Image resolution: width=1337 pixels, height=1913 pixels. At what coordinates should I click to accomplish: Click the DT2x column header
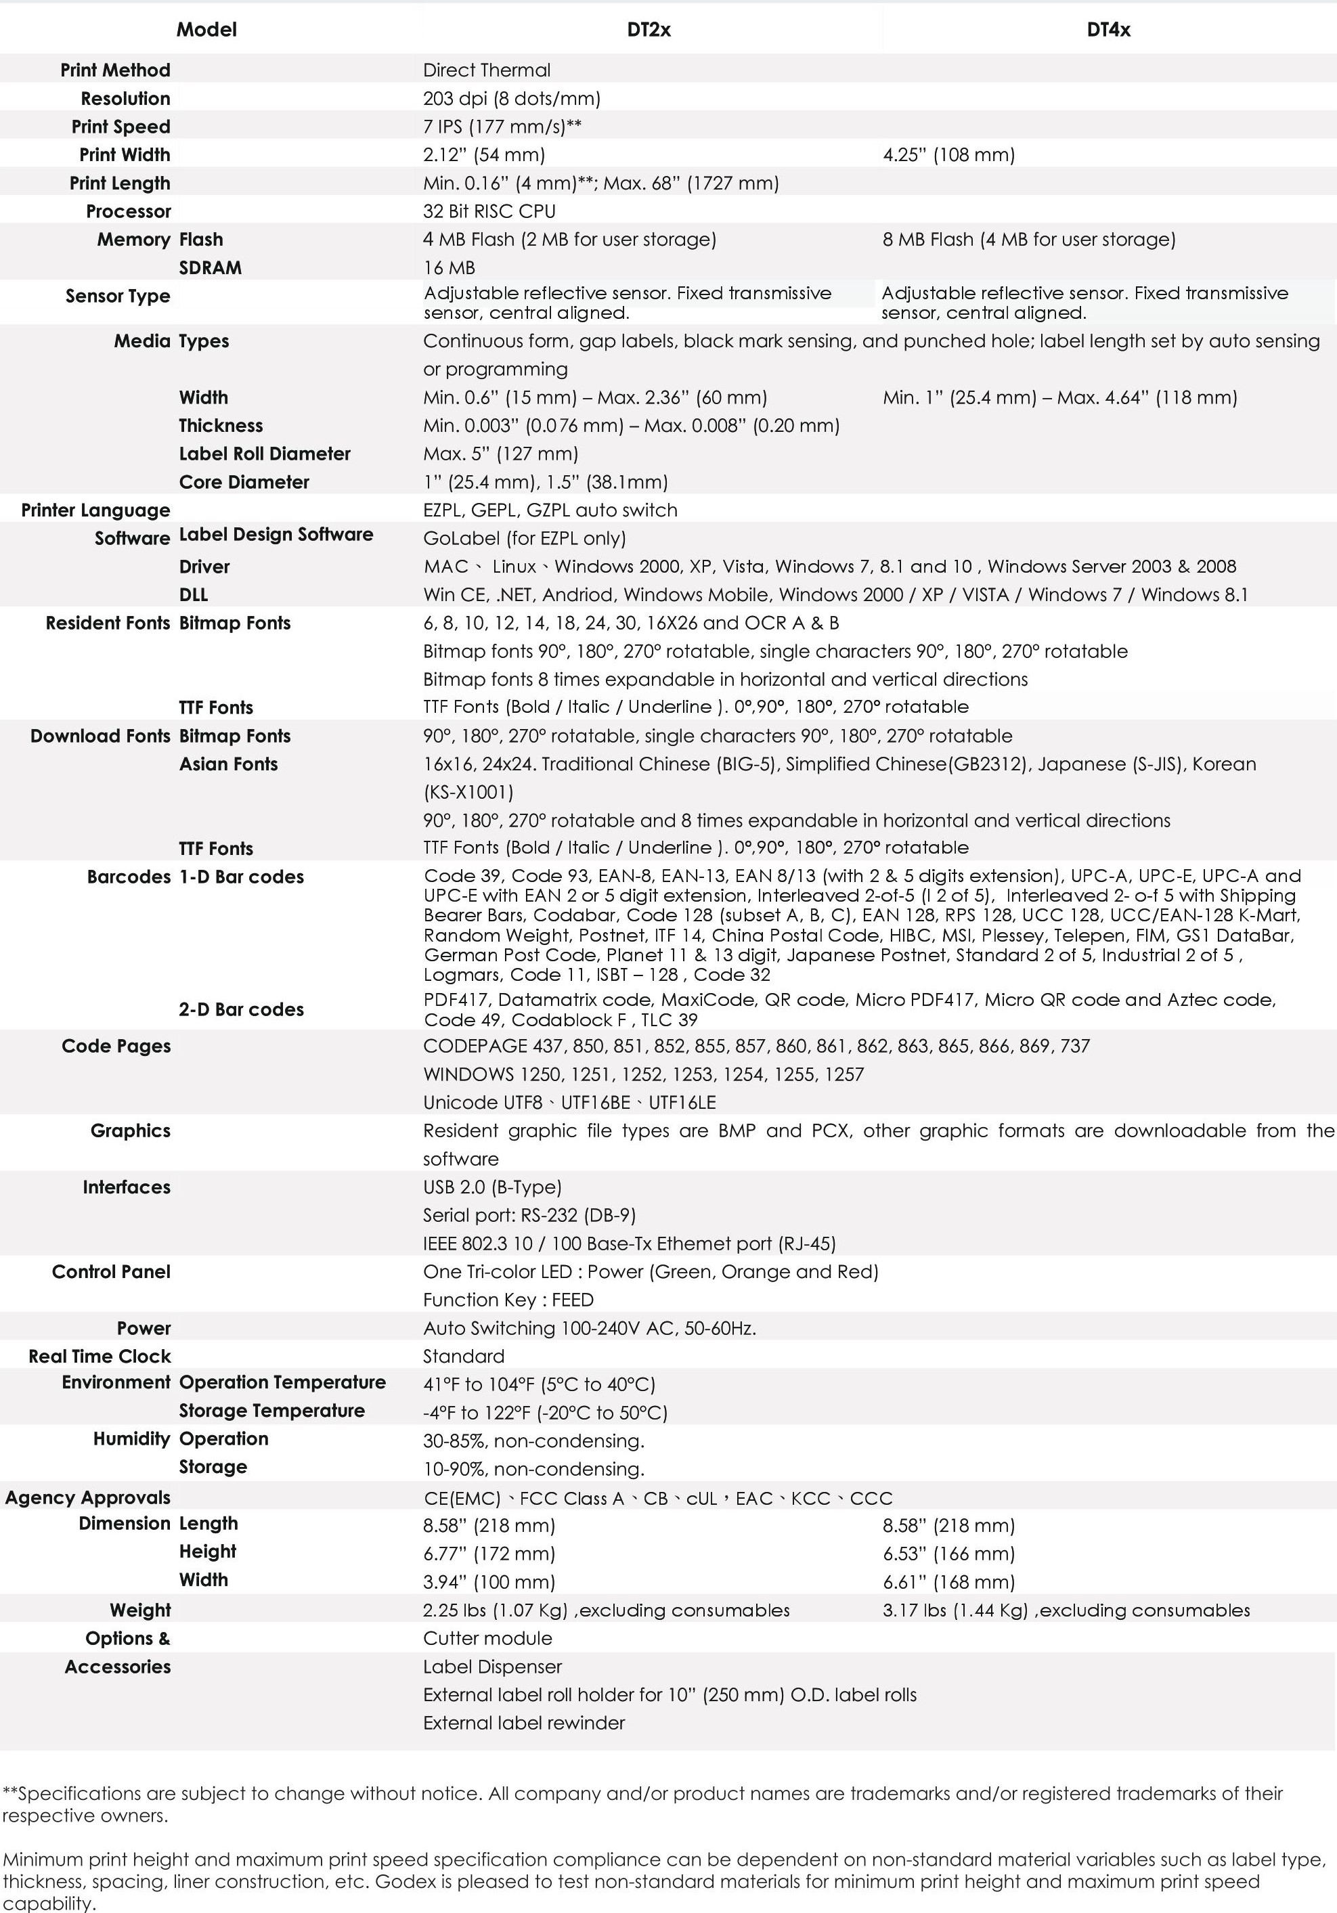[x=649, y=30]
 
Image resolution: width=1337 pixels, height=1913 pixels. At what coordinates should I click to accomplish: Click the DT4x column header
[x=1108, y=30]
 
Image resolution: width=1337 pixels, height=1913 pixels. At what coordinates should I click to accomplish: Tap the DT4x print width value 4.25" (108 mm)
[x=949, y=155]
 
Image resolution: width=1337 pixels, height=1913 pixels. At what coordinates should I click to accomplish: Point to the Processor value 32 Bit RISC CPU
[x=489, y=212]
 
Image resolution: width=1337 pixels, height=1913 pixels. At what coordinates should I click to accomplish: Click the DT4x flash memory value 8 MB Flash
[x=1029, y=240]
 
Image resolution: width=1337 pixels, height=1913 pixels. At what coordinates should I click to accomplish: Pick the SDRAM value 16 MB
[x=449, y=268]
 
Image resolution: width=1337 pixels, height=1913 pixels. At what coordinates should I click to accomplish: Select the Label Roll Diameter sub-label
[x=264, y=454]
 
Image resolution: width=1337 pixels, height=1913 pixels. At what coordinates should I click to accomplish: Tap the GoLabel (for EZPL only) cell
[x=524, y=538]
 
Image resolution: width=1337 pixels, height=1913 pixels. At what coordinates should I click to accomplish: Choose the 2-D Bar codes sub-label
[x=241, y=1010]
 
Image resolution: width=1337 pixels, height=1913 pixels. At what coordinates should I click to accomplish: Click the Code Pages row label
[x=116, y=1047]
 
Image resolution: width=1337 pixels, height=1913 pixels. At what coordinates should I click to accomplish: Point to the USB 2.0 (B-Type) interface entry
[x=492, y=1187]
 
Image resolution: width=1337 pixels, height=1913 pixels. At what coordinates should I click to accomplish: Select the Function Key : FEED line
[x=508, y=1300]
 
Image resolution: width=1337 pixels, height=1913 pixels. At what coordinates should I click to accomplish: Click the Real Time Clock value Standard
[x=463, y=1357]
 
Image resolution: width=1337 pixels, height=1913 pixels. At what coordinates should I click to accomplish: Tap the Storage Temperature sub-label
[x=271, y=1411]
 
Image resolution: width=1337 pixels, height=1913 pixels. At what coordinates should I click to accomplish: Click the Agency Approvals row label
[x=87, y=1497]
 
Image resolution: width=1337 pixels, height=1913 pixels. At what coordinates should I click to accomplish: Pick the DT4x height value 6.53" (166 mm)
[x=949, y=1554]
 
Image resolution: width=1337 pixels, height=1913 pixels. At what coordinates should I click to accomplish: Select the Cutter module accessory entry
[x=487, y=1638]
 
